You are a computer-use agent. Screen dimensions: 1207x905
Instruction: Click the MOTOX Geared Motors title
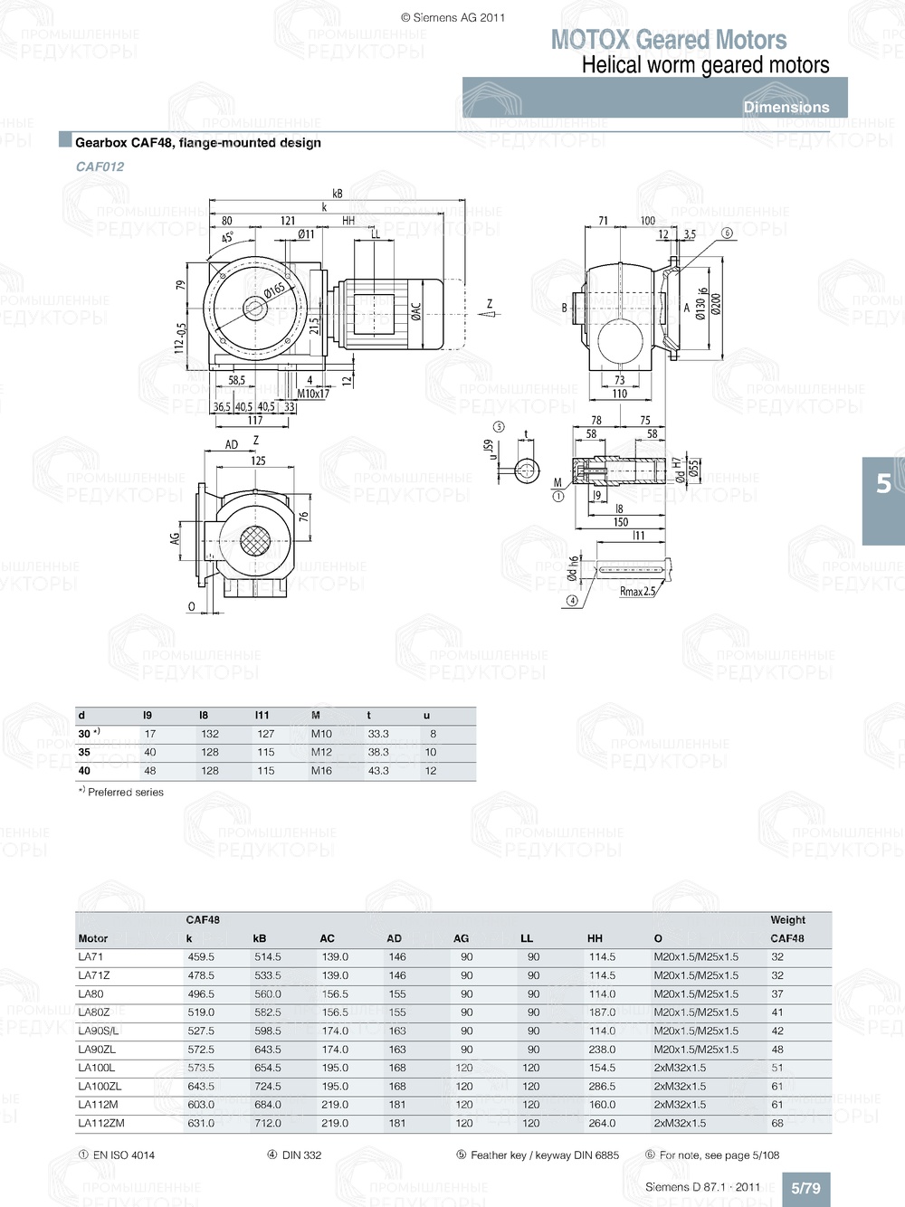pyautogui.click(x=668, y=40)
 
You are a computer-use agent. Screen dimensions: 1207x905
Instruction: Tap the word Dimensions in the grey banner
pyautogui.click(x=786, y=107)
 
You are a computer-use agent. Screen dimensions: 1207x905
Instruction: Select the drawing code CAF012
pyautogui.click(x=100, y=166)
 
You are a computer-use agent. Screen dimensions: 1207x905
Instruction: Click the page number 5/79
pyautogui.click(x=805, y=1188)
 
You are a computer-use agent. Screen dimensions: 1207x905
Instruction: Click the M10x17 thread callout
pyautogui.click(x=313, y=394)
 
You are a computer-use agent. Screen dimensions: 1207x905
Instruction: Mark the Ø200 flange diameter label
pyautogui.click(x=716, y=303)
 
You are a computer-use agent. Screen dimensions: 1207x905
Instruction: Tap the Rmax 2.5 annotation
pyautogui.click(x=637, y=592)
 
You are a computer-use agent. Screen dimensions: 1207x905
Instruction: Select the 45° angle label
pyautogui.click(x=227, y=238)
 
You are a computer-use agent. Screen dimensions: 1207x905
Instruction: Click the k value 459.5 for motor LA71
pyautogui.click(x=201, y=956)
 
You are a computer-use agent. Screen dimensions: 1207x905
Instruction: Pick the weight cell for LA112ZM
pyautogui.click(x=777, y=1123)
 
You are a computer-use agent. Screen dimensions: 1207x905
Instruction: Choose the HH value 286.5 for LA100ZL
pyautogui.click(x=602, y=1086)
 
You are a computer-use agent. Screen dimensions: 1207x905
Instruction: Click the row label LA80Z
pyautogui.click(x=93, y=1012)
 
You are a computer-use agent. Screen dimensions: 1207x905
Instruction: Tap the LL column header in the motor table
pyautogui.click(x=527, y=938)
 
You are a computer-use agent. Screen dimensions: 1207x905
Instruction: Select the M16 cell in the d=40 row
pyautogui.click(x=321, y=771)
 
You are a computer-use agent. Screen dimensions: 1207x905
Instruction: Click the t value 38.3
pyautogui.click(x=378, y=752)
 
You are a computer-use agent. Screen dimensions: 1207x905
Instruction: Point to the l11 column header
pyautogui.click(x=262, y=715)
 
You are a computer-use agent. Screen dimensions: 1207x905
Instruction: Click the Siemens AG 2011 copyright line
pyautogui.click(x=452, y=17)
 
